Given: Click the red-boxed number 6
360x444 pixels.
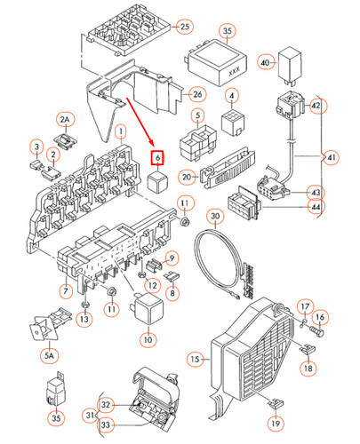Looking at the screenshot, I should [x=156, y=159].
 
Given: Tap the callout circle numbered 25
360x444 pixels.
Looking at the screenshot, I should [x=185, y=26].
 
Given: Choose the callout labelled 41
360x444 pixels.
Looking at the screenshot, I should [x=332, y=158].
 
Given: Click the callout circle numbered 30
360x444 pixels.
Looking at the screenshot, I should [x=213, y=217].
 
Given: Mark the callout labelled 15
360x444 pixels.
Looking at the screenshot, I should [x=195, y=359].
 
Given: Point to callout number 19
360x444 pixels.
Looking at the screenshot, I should [x=276, y=424].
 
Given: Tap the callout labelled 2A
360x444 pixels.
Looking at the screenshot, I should [x=64, y=119].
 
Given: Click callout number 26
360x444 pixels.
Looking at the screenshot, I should [x=197, y=94].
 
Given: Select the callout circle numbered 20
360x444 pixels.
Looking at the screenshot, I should [x=187, y=175].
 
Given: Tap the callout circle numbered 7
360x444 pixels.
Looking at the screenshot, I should [x=66, y=290].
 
